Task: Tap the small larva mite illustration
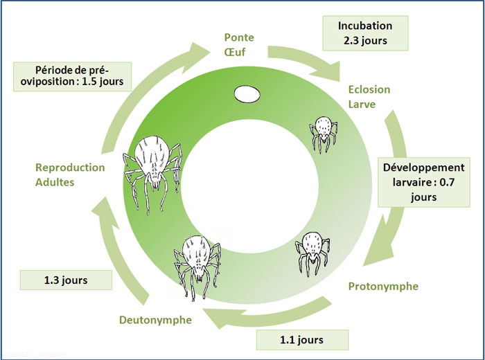click(322, 131)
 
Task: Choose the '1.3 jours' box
click(67, 280)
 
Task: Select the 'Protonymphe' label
click(382, 286)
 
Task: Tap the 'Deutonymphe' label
click(150, 320)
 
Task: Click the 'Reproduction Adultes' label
click(70, 174)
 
